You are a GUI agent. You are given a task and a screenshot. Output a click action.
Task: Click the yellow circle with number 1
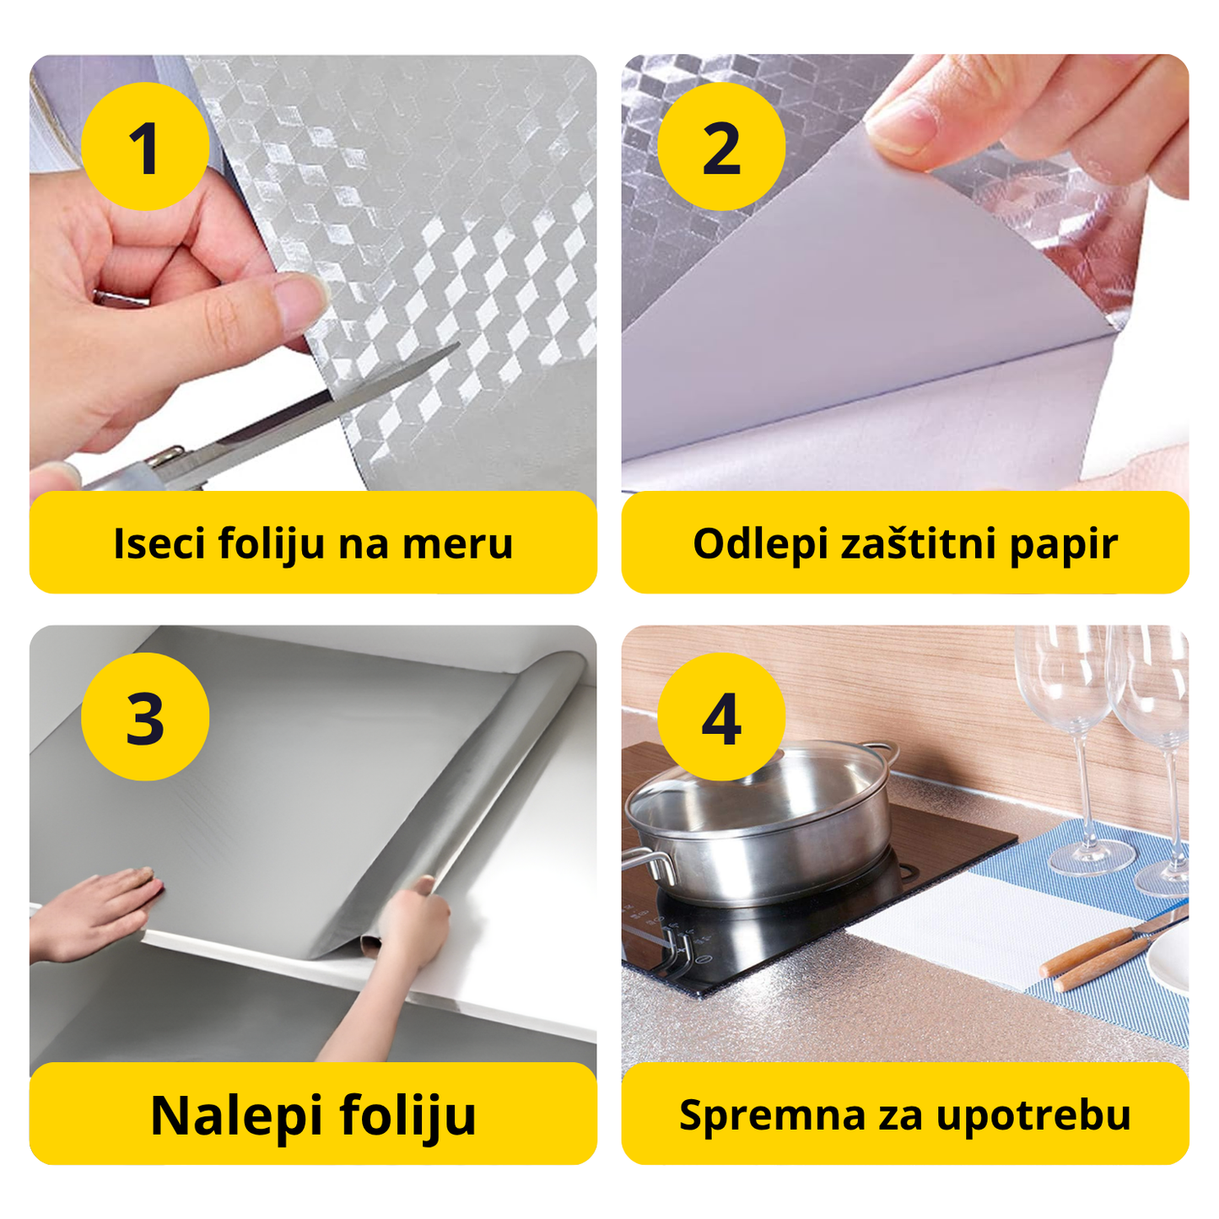145,147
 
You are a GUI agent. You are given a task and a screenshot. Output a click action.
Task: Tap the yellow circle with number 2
721,147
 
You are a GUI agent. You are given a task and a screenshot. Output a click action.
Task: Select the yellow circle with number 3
145,717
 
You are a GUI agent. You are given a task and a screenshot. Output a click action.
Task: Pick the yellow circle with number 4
721,717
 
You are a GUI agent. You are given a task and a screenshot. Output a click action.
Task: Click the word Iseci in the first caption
159,543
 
